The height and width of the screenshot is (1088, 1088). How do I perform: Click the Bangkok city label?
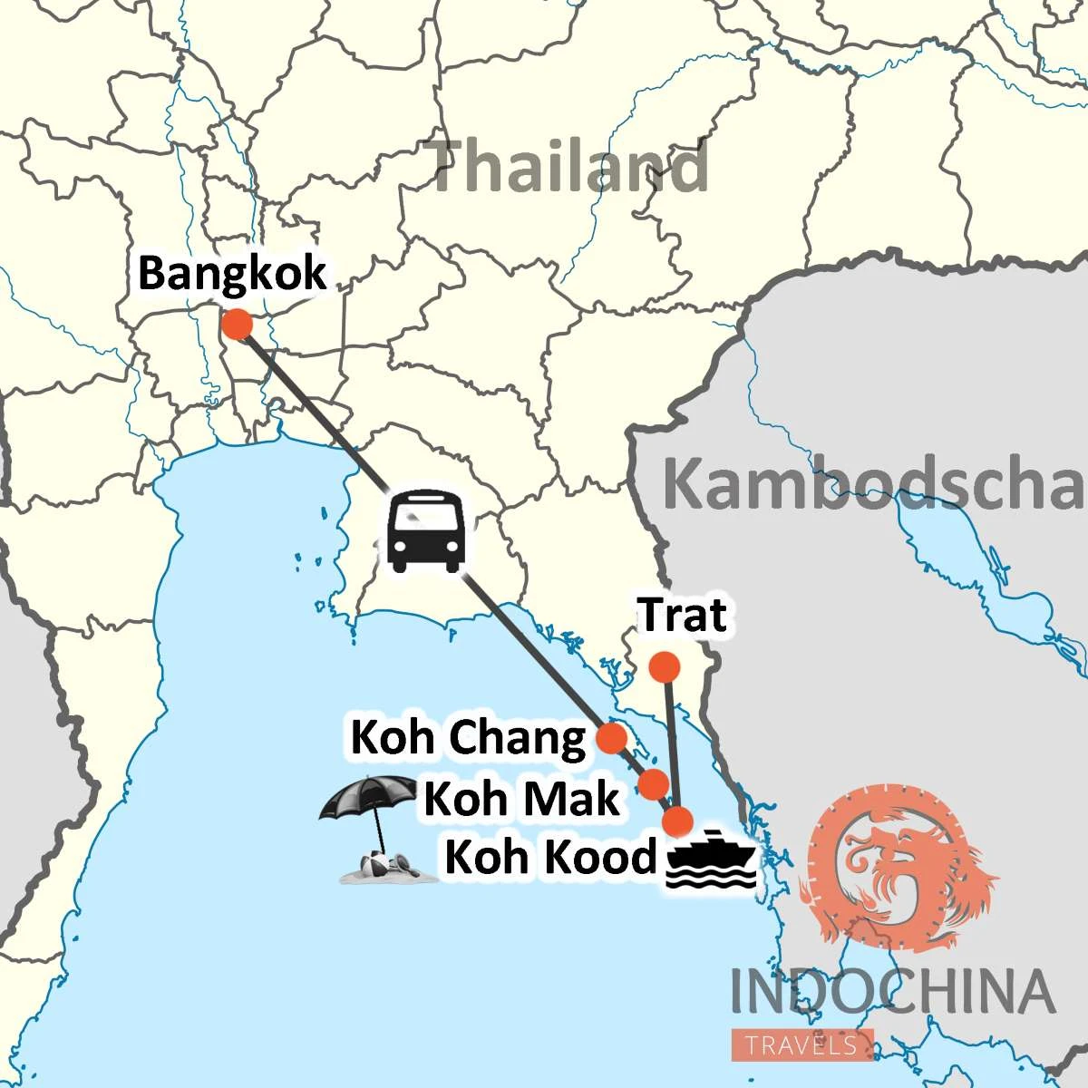(232, 272)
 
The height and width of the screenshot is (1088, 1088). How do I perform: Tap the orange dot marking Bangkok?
(237, 324)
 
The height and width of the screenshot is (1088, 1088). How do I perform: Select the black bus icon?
(426, 531)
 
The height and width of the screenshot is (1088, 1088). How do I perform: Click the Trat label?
(683, 616)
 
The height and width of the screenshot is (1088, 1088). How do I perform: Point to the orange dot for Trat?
(665, 667)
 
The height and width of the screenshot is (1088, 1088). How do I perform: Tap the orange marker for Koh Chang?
(612, 738)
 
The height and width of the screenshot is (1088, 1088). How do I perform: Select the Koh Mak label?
(521, 799)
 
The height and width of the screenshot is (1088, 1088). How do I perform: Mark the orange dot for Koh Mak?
(653, 782)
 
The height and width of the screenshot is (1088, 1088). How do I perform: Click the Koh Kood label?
(549, 857)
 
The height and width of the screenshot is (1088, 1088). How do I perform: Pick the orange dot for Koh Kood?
(676, 821)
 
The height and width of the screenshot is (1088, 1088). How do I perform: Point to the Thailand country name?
(568, 168)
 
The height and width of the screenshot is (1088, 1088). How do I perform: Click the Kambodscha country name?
(872, 484)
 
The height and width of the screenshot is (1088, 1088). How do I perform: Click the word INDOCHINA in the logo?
(893, 991)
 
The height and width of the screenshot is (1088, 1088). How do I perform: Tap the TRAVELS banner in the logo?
(801, 1045)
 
